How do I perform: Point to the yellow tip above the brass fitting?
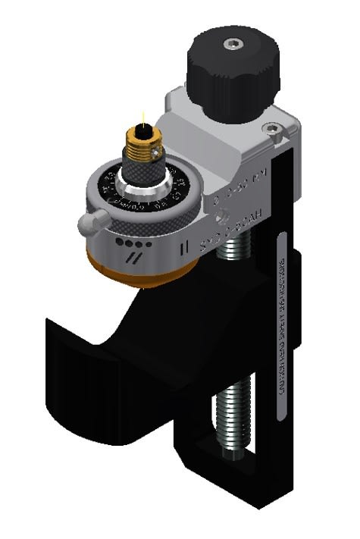pos(142,118)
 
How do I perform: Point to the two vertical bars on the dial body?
pos(180,246)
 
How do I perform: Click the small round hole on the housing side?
pos(223,219)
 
